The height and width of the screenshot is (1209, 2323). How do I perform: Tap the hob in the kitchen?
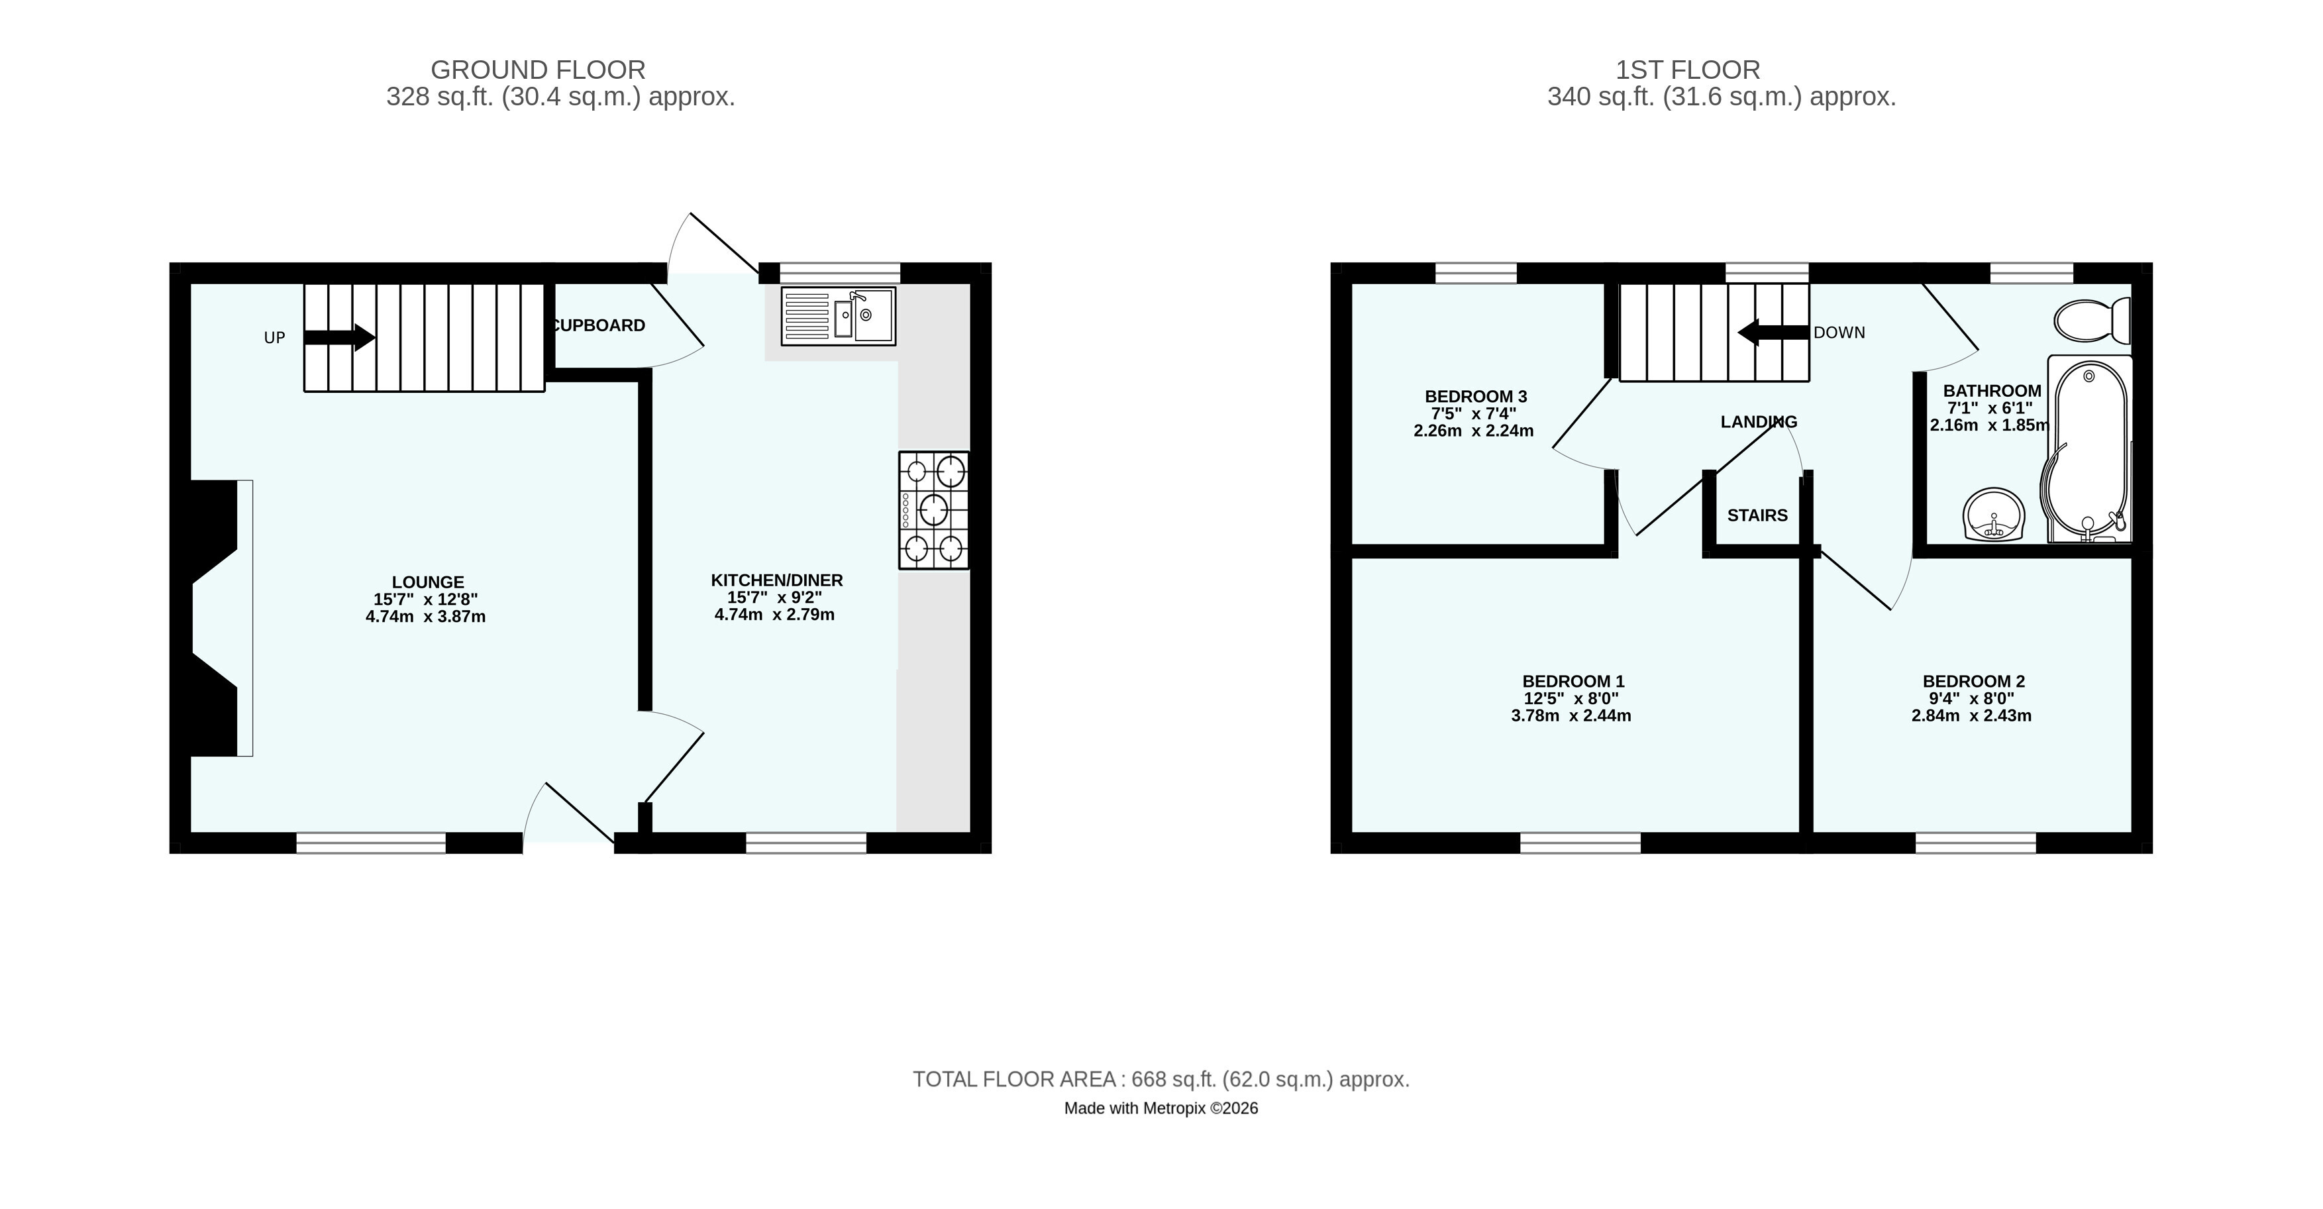tap(933, 510)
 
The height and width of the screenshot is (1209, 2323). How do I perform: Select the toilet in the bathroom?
tap(2092, 321)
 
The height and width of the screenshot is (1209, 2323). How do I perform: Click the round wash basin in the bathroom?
tap(1993, 515)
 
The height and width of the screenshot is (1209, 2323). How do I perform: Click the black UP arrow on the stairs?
tap(339, 337)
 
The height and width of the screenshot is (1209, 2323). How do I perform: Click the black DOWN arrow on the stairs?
tap(1773, 332)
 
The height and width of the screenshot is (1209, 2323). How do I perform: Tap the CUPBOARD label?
tap(598, 325)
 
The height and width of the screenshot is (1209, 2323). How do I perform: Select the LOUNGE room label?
tap(427, 582)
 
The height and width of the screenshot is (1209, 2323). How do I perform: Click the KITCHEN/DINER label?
tap(776, 580)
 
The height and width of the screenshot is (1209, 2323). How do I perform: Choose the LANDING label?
tap(1759, 422)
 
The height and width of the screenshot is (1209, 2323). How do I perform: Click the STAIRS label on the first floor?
tap(1757, 515)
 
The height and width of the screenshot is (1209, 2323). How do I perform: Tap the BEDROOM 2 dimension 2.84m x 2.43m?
tap(1971, 716)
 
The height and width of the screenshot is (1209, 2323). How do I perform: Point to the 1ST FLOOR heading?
tap(1687, 70)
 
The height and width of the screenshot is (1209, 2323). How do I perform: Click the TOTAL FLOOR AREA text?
tap(1161, 1079)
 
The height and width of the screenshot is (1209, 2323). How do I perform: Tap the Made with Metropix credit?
tap(1161, 1108)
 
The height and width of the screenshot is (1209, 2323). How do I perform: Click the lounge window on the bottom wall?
tap(371, 843)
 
